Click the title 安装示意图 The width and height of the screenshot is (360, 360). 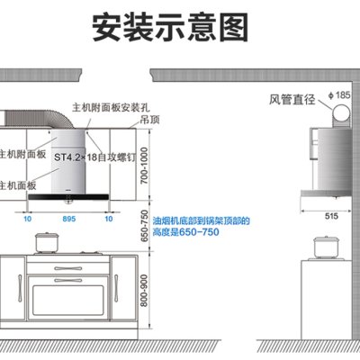pos(170,27)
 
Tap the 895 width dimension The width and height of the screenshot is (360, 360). pos(69,219)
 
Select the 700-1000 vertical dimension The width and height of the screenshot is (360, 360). pos(145,166)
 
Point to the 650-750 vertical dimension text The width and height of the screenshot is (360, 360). pos(145,226)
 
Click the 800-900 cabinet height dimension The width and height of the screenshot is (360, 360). pos(145,291)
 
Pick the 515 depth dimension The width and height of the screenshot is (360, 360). pos(331,216)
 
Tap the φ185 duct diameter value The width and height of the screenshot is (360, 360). pos(339,95)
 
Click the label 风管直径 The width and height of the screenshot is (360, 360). pos(292,99)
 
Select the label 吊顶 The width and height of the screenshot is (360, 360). pos(149,120)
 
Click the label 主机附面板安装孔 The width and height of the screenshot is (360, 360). pos(111,107)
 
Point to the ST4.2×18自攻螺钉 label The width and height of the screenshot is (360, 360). pos(94,157)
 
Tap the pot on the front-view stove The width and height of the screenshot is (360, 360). pos(47,242)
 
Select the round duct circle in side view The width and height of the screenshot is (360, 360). pos(340,112)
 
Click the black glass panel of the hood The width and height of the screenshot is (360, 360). pos(68,197)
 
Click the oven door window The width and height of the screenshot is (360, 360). pos(68,301)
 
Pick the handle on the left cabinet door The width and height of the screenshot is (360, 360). pos(20,288)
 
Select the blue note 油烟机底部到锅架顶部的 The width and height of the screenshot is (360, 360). pos(201,221)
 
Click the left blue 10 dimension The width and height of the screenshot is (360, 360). pos(27,219)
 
